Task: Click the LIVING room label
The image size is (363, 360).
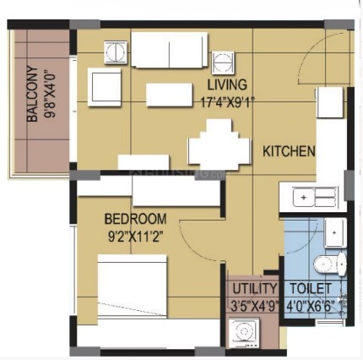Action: pos(227,85)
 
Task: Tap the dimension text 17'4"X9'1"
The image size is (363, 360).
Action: pos(226,101)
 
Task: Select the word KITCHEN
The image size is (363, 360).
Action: pos(289,151)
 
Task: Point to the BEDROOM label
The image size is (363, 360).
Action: pos(135,219)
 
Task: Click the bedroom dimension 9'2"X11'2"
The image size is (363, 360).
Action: pos(136,237)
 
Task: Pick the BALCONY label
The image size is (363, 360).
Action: pos(32,94)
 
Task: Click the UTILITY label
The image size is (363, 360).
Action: pos(255,288)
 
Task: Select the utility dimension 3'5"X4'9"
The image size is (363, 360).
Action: pos(255,306)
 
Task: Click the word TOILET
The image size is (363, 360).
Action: pos(311,288)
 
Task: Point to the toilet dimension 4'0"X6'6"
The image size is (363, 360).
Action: pos(311,306)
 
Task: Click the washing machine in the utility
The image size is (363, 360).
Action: pos(244,333)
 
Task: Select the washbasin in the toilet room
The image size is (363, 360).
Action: pos(335,233)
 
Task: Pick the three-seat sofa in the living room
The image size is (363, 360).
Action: pos(170,50)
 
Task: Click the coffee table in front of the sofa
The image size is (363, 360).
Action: pos(170,95)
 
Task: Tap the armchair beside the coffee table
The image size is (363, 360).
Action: pos(105,87)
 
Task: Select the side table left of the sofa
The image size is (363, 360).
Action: pos(116,52)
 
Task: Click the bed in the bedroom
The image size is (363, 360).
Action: pos(132,286)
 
